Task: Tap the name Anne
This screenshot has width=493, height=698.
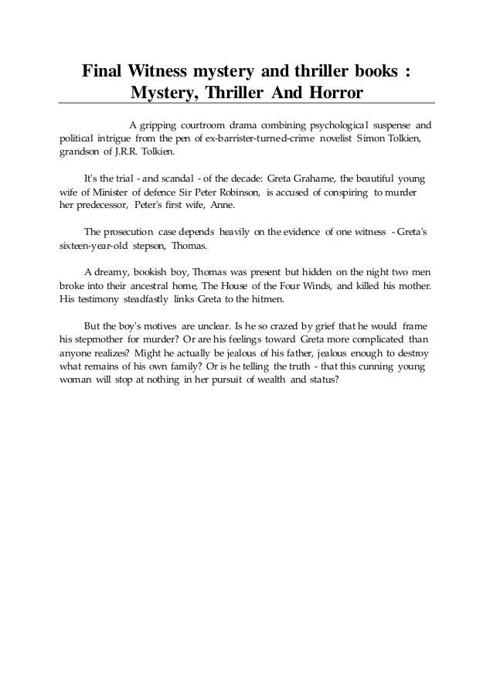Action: click(226, 206)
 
